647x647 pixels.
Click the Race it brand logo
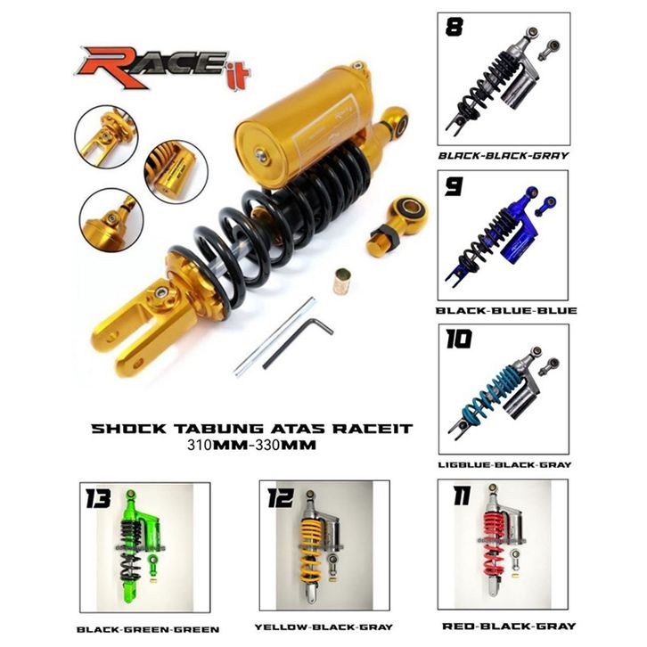(162, 68)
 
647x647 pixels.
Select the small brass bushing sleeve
(342, 282)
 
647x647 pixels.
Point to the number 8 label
(455, 28)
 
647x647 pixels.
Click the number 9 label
(454, 186)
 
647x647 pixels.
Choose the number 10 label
(458, 340)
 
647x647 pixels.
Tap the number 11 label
(462, 495)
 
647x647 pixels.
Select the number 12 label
(281, 497)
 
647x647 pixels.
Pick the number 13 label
(99, 498)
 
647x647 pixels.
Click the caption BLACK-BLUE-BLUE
(506, 311)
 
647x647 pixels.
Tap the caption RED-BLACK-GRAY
(509, 627)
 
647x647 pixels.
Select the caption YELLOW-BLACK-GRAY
(323, 627)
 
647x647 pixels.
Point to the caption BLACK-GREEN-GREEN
(148, 630)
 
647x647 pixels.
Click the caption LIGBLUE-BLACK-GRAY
(504, 464)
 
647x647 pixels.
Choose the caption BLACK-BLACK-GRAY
(504, 156)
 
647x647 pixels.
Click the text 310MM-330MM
(251, 446)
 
